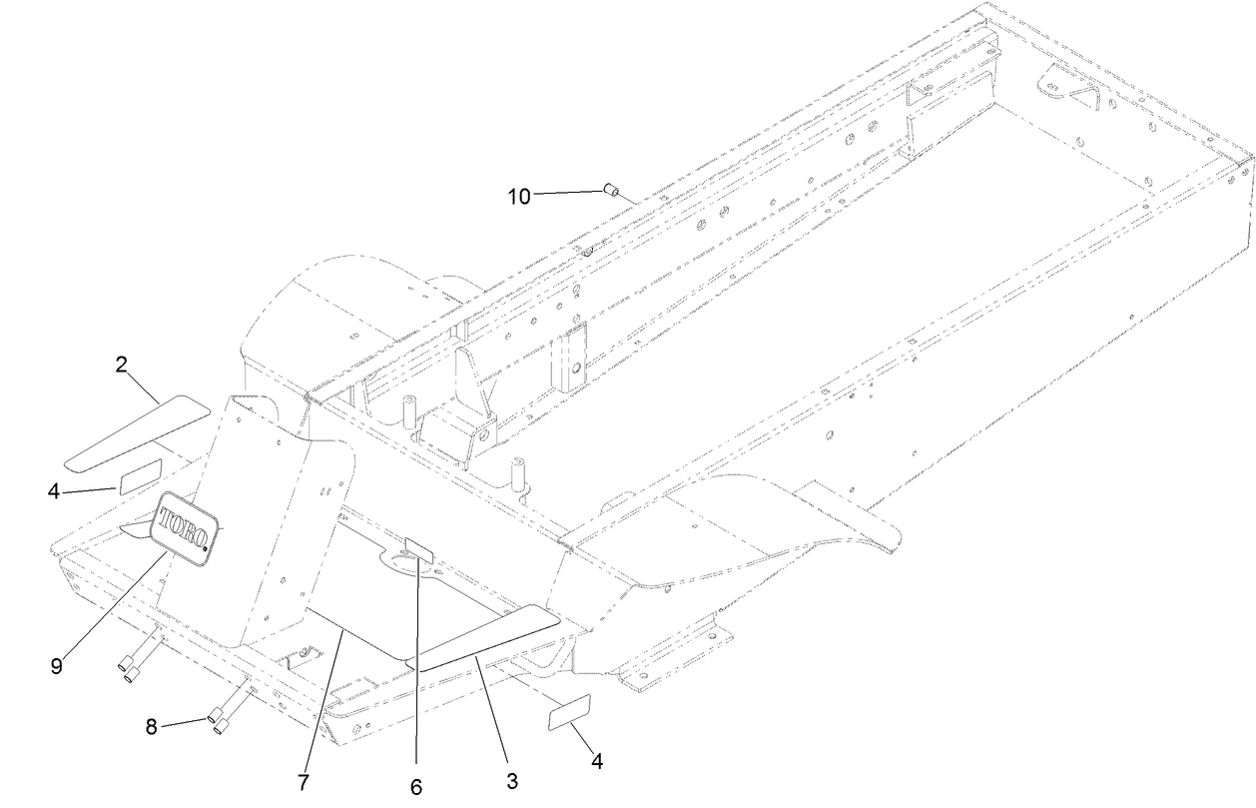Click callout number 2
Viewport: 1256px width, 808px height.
coord(121,365)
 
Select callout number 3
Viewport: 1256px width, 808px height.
coord(511,779)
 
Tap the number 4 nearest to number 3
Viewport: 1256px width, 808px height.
coord(596,762)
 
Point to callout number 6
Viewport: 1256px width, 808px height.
coord(416,787)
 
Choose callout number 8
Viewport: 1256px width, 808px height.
coord(152,728)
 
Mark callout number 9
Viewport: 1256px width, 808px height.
coord(57,664)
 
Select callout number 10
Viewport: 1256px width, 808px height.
coord(519,196)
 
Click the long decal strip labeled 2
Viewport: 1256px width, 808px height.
coord(136,431)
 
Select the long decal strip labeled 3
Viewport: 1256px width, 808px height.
coord(489,636)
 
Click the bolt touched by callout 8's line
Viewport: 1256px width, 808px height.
coord(220,712)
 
